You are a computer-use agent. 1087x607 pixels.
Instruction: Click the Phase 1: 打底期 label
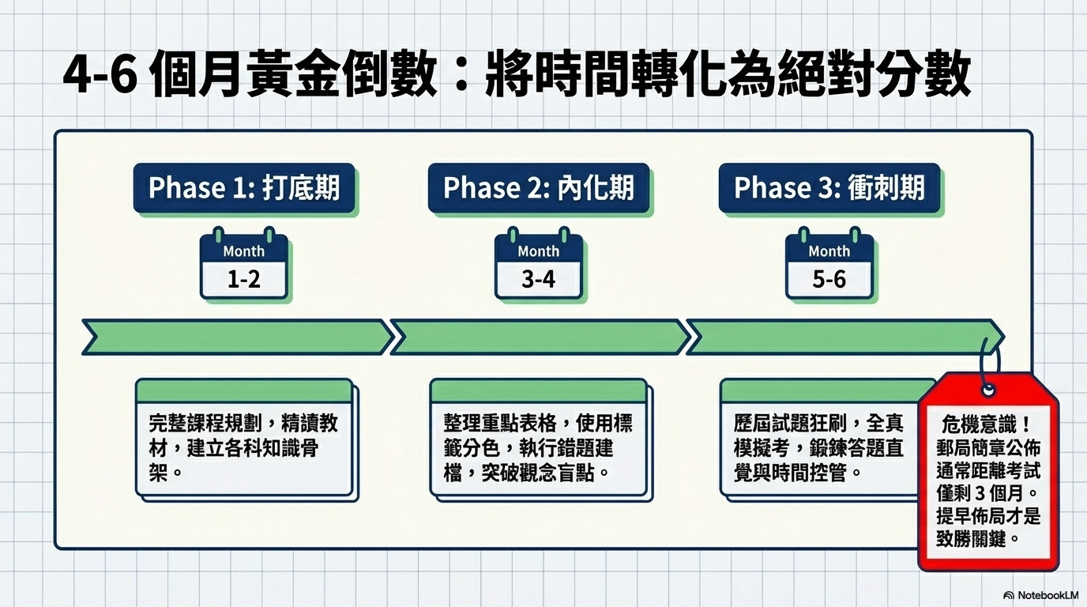244,188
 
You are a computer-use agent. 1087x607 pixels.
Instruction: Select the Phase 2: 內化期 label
539,188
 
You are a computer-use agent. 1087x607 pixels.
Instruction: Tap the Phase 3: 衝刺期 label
829,188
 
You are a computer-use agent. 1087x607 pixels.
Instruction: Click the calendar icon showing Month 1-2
243,265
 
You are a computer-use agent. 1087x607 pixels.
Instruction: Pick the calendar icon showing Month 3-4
539,265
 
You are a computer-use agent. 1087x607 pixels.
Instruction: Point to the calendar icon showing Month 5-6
829,265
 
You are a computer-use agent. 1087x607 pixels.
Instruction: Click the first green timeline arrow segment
237,337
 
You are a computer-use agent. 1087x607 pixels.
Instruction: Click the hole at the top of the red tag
987,390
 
